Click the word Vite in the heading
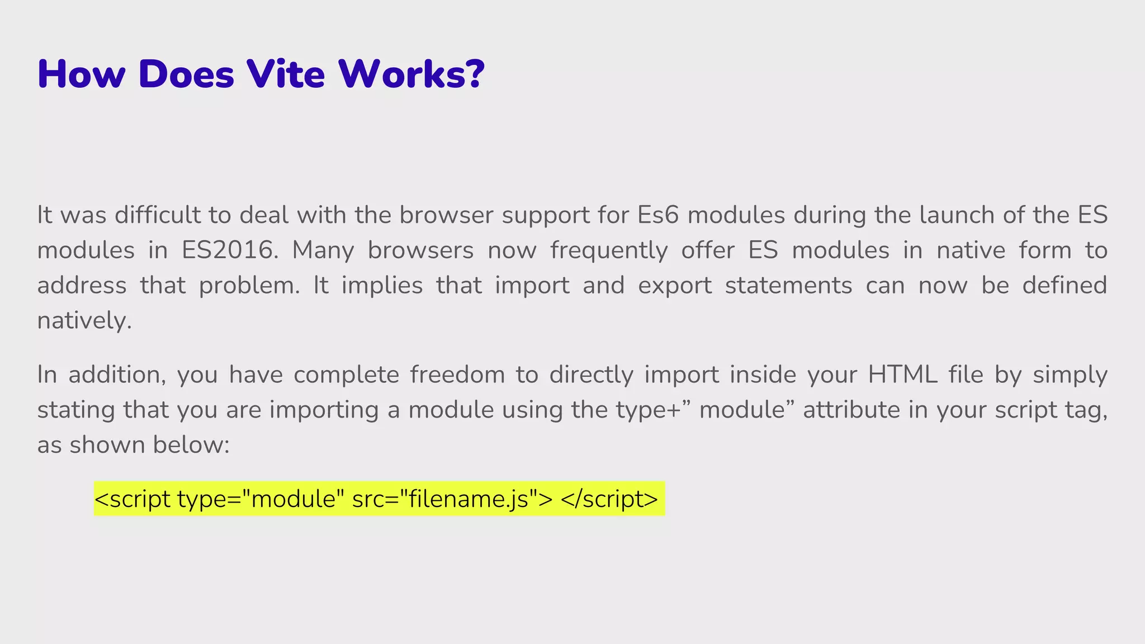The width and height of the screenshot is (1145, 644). pos(286,74)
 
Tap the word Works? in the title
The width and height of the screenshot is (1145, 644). pos(411,74)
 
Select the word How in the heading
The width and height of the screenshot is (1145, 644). pos(81,74)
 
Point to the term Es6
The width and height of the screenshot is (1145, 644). pos(657,215)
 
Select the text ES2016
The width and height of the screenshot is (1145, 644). pos(229,250)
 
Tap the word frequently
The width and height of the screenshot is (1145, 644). pos(609,250)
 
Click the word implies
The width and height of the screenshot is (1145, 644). pos(382,286)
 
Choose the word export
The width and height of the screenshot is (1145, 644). pos(675,286)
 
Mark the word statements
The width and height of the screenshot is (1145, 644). pos(788,286)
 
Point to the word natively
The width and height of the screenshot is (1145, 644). pos(84,321)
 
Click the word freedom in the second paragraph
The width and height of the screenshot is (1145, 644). pos(457,375)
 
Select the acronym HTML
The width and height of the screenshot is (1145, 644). pos(902,375)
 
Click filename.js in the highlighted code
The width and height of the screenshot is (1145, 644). pos(469,499)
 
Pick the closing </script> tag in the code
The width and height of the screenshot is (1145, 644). pos(609,499)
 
